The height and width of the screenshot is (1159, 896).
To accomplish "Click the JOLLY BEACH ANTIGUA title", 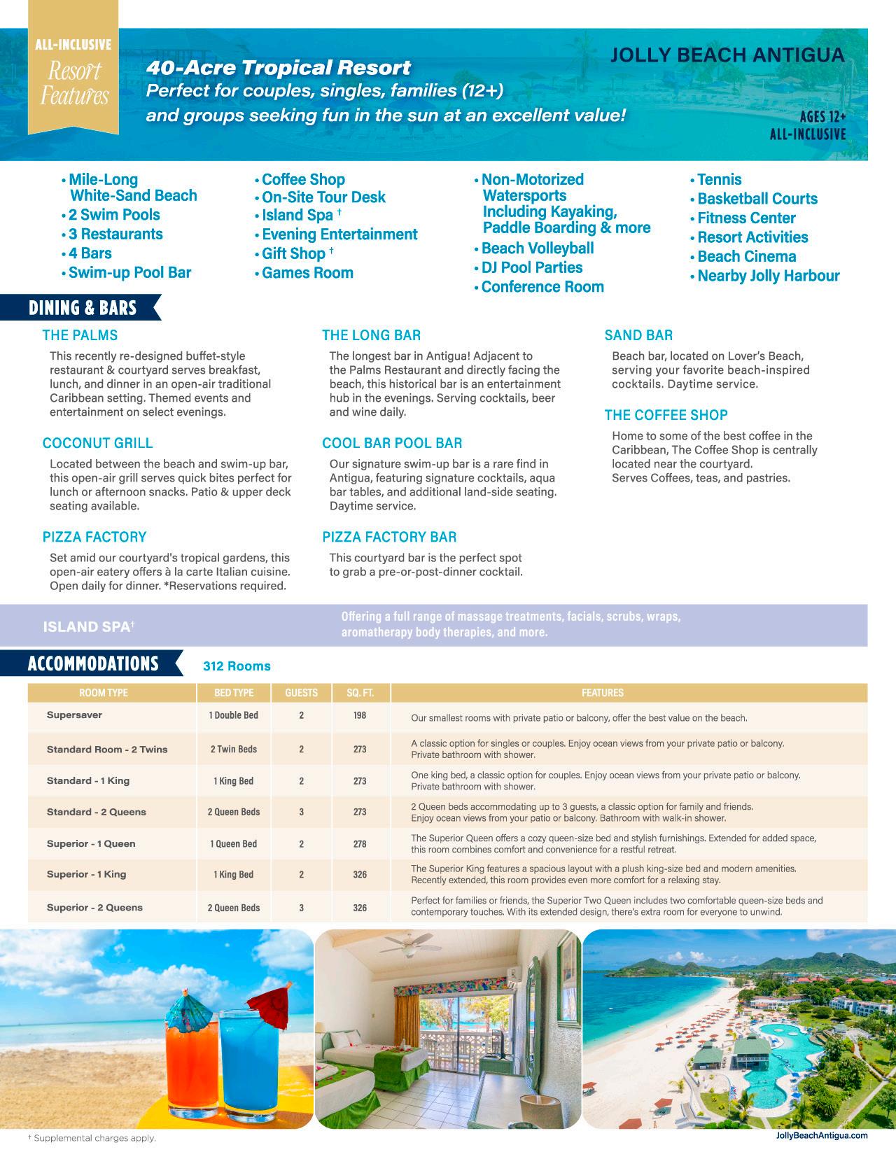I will point(727,55).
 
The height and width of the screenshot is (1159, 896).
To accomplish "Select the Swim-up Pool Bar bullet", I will point(129,272).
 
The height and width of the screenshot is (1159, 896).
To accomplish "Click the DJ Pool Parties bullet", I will point(531,267).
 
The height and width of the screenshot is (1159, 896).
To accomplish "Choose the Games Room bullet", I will point(307,272).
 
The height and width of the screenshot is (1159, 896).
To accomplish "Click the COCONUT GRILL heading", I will point(97,443).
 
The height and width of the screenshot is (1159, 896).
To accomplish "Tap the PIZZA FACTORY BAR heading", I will point(389,537).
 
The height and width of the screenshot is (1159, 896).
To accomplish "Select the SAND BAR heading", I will point(638,335).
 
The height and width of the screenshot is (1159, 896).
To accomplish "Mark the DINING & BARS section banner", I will point(83,308).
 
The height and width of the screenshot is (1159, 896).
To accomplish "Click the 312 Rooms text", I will point(237,666).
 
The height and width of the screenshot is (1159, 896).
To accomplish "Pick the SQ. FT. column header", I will point(360,693).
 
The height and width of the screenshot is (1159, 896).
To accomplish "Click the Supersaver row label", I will point(74,715).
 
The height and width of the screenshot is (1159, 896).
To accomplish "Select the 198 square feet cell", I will point(360,715).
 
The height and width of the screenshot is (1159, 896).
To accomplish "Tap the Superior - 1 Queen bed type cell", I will point(234,843).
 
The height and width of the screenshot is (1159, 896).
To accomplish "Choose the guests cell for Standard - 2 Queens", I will point(302,812).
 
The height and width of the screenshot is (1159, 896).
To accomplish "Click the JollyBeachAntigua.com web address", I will point(822,1135).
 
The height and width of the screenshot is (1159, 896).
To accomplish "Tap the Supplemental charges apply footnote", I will point(92,1138).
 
